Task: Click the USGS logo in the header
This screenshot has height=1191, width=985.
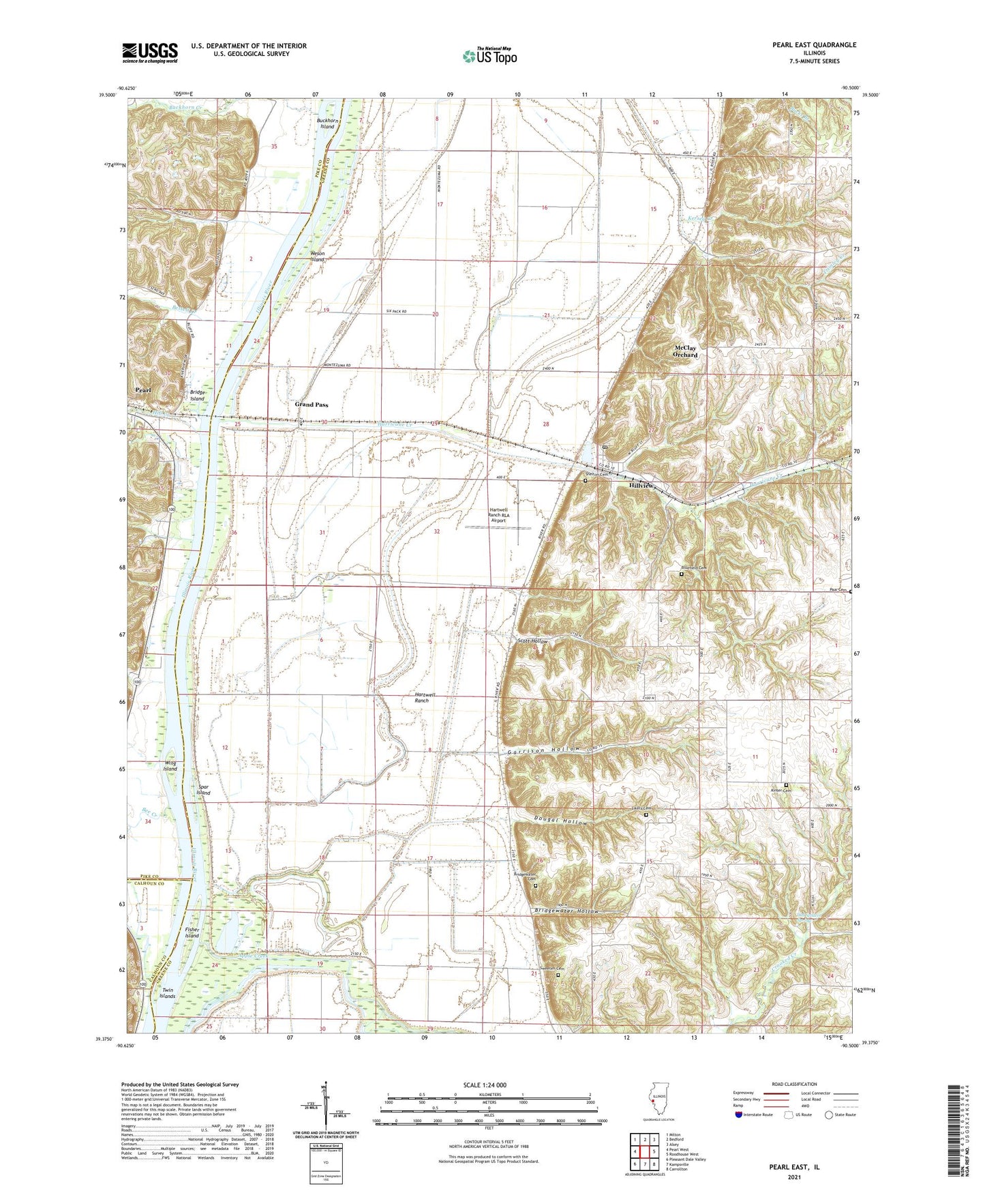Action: click(x=150, y=52)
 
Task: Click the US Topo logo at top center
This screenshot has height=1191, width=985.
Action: click(x=489, y=55)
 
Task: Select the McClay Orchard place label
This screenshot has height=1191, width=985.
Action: click(x=686, y=351)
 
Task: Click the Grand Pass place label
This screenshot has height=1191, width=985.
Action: click(x=312, y=405)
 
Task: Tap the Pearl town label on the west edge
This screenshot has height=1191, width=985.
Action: click(x=142, y=390)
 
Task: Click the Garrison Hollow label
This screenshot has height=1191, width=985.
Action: click(x=545, y=749)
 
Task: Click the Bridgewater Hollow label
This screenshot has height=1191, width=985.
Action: click(x=567, y=912)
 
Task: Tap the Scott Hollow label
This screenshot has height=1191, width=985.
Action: click(x=533, y=642)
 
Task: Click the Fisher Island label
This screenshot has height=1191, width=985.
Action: click(x=192, y=932)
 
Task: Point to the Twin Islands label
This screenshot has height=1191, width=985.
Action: click(x=167, y=993)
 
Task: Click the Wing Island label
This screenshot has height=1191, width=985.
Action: click(x=170, y=765)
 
